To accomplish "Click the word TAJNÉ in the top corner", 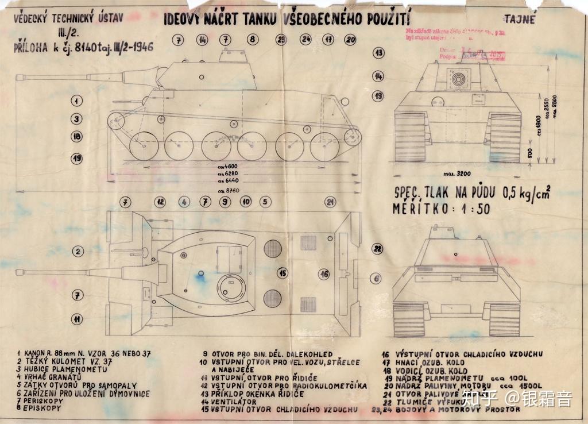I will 521,19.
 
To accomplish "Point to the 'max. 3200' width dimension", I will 457,172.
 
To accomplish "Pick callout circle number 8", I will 253,40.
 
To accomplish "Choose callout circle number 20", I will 350,40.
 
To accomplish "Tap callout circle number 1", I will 76,101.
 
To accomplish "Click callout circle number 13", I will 378,52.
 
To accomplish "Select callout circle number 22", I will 377,249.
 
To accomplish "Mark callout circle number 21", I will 330,202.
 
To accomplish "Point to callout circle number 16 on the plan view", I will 324,274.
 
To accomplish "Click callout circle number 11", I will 76,318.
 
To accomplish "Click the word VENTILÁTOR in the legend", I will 234,402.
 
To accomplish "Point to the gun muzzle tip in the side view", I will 17,77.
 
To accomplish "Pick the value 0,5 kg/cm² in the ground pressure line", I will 525,193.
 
